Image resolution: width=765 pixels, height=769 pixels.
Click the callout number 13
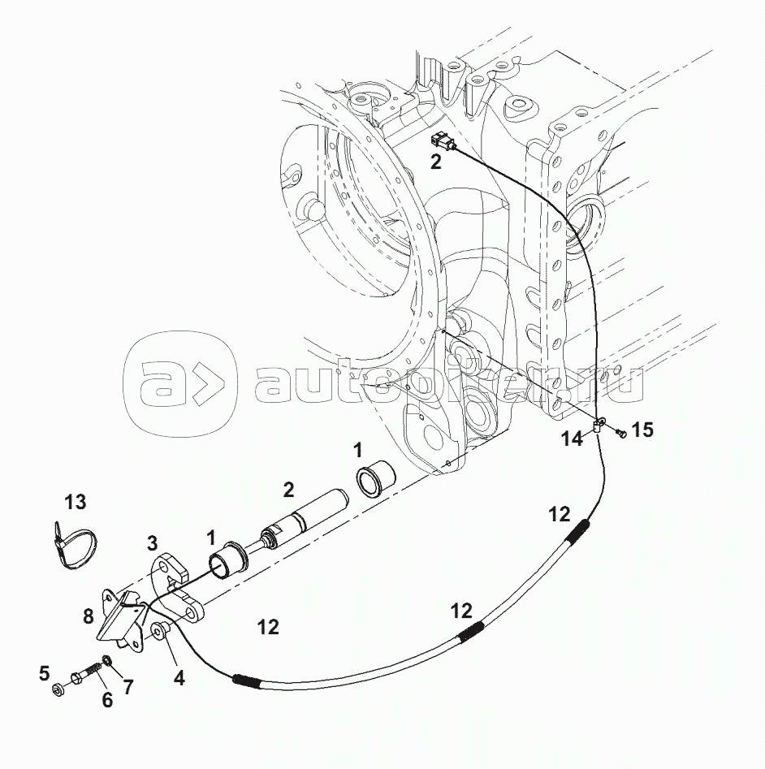tap(76, 503)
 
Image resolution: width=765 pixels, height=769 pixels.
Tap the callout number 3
tap(152, 542)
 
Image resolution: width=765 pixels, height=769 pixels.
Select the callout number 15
tap(642, 430)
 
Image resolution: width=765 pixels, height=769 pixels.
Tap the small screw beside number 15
tap(620, 434)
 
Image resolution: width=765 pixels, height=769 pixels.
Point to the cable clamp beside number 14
tap(599, 423)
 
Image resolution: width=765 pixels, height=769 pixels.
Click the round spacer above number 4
tap(159, 629)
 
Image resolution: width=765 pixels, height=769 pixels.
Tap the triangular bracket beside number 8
tap(121, 617)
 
